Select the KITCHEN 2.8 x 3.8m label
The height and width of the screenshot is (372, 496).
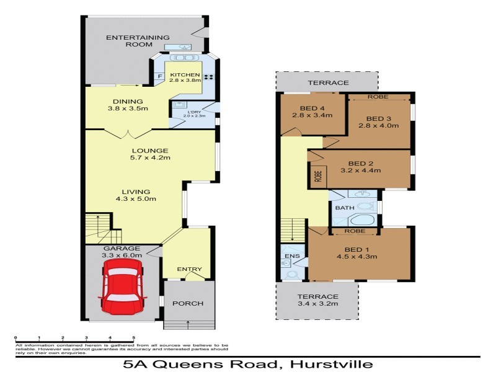185,77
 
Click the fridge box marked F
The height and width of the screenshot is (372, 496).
159,76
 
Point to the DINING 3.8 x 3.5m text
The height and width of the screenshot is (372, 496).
128,105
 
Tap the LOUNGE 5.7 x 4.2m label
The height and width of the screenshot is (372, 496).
150,154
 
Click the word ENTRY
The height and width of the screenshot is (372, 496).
189,269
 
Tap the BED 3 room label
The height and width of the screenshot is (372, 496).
378,122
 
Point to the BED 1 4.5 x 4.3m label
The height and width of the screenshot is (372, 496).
356,253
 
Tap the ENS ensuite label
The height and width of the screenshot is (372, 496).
290,255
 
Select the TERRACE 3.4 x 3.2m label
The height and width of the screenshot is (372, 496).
317,301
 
